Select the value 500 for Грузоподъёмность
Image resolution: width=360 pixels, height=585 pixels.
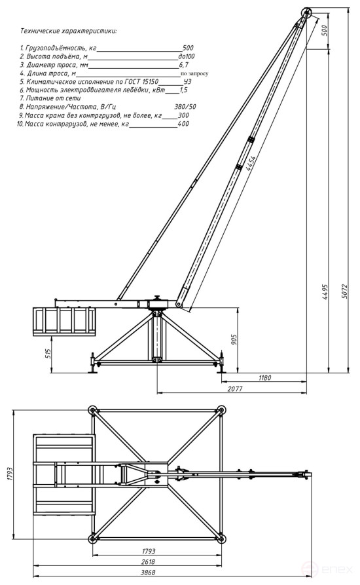(188, 48)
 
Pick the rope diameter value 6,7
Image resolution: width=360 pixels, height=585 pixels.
(184, 66)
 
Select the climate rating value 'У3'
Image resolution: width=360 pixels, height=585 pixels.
(187, 81)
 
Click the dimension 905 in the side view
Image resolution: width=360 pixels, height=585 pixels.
(234, 338)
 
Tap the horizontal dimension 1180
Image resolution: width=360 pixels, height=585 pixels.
(264, 378)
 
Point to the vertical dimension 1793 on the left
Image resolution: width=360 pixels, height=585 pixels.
(9, 474)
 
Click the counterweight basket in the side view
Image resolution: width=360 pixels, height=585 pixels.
(63, 321)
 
